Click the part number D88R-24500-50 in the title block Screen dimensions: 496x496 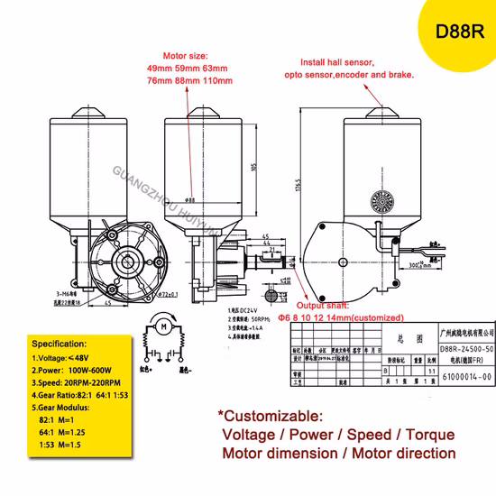tap(466, 346)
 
